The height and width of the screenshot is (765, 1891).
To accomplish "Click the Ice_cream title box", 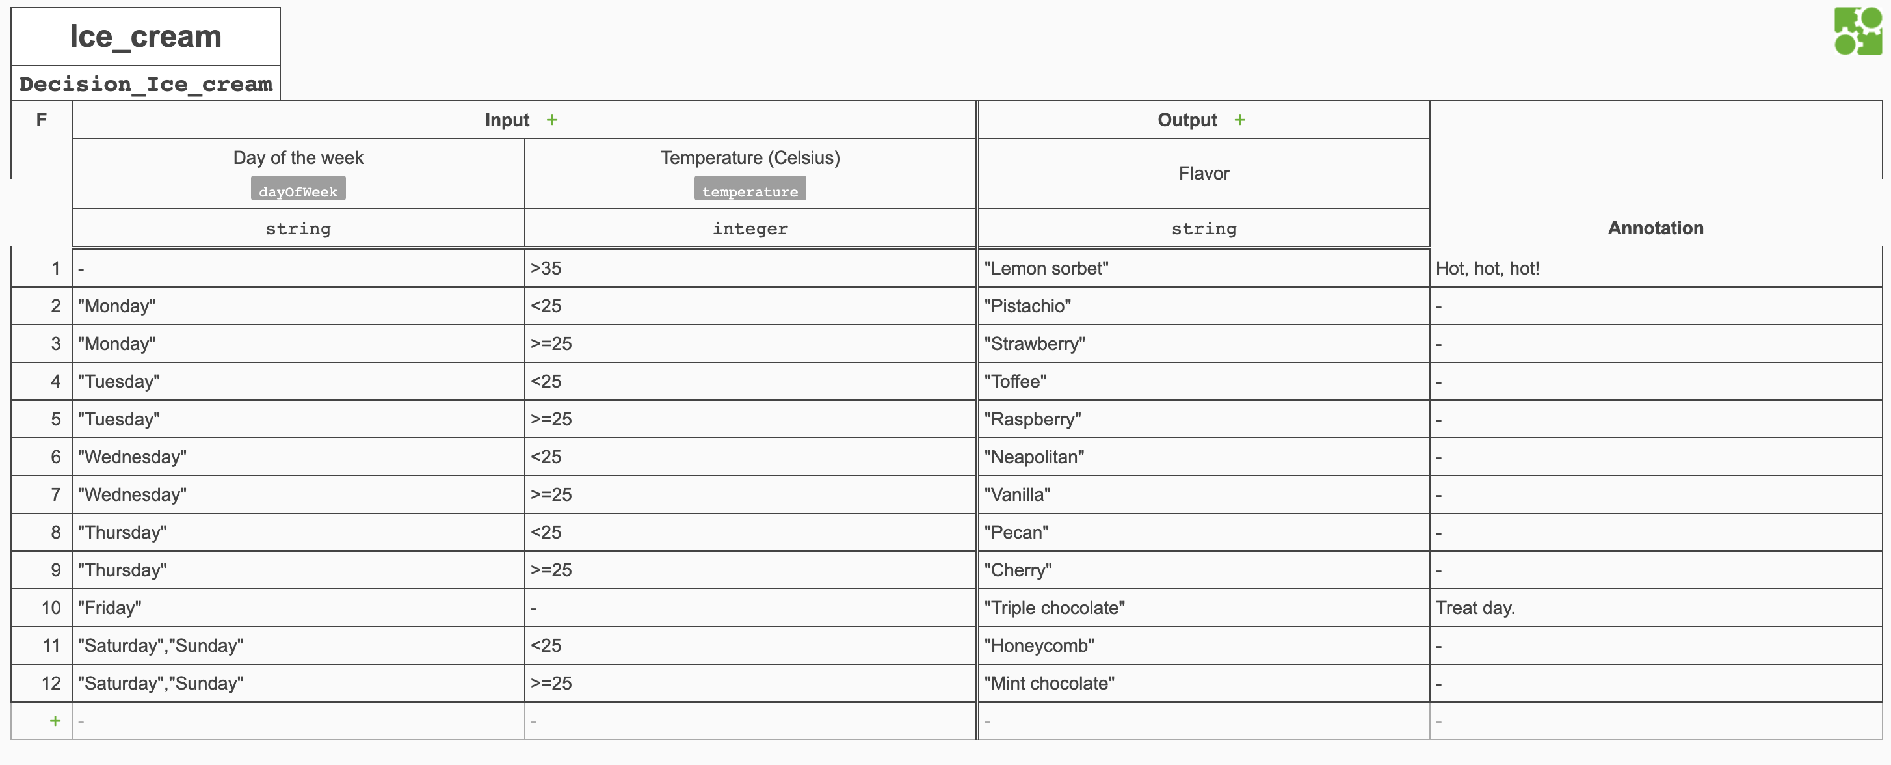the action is [146, 36].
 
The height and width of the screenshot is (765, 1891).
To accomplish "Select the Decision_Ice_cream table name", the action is [146, 85].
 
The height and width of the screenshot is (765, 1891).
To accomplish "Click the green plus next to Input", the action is [552, 120].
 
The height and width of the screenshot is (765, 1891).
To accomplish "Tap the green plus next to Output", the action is [1239, 120].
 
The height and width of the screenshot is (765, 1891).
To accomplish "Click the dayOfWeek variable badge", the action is [298, 191].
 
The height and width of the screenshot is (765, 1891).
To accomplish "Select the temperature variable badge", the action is [750, 191].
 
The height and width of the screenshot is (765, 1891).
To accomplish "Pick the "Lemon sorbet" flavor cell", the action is [1046, 269].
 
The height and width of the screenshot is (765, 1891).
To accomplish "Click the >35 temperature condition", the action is [546, 269].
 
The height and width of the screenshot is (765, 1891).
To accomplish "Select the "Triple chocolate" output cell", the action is [1054, 608].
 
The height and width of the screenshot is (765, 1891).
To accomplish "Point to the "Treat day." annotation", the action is [1475, 608].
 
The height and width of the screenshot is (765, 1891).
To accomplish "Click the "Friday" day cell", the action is [110, 608].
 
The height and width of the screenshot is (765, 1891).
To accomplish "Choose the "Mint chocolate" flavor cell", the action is [1049, 684].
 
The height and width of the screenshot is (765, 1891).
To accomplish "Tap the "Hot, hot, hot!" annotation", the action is [1487, 269].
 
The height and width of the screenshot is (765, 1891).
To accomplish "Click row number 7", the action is [55, 495].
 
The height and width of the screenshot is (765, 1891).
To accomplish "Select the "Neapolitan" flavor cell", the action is [1033, 457].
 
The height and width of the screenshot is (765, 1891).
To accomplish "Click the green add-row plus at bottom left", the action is [55, 721].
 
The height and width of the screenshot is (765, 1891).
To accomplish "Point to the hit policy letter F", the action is [41, 120].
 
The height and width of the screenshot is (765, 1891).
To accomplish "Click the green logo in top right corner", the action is [1857, 31].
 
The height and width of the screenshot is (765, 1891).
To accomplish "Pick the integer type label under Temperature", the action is [750, 229].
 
